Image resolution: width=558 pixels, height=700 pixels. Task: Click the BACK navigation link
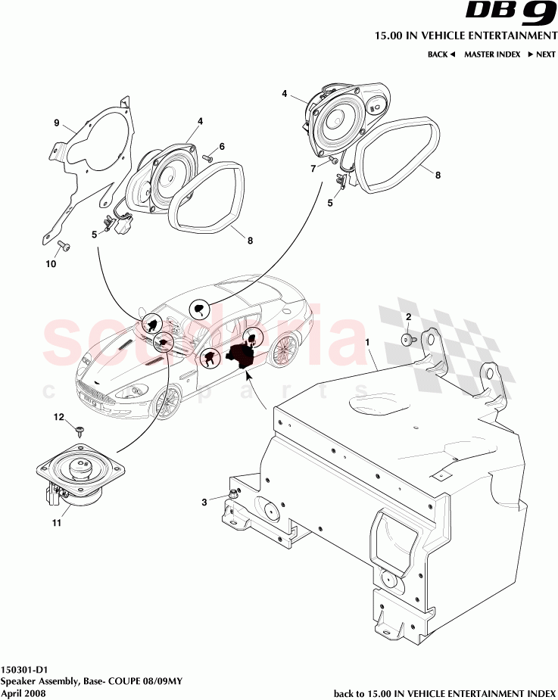(x=441, y=54)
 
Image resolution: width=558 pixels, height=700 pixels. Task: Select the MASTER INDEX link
(x=491, y=54)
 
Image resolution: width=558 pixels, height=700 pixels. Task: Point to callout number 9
(x=56, y=123)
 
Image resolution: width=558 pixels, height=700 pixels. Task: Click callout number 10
(x=51, y=264)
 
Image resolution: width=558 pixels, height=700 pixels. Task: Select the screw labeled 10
(x=63, y=245)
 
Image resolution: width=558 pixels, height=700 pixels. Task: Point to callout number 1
(x=369, y=344)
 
